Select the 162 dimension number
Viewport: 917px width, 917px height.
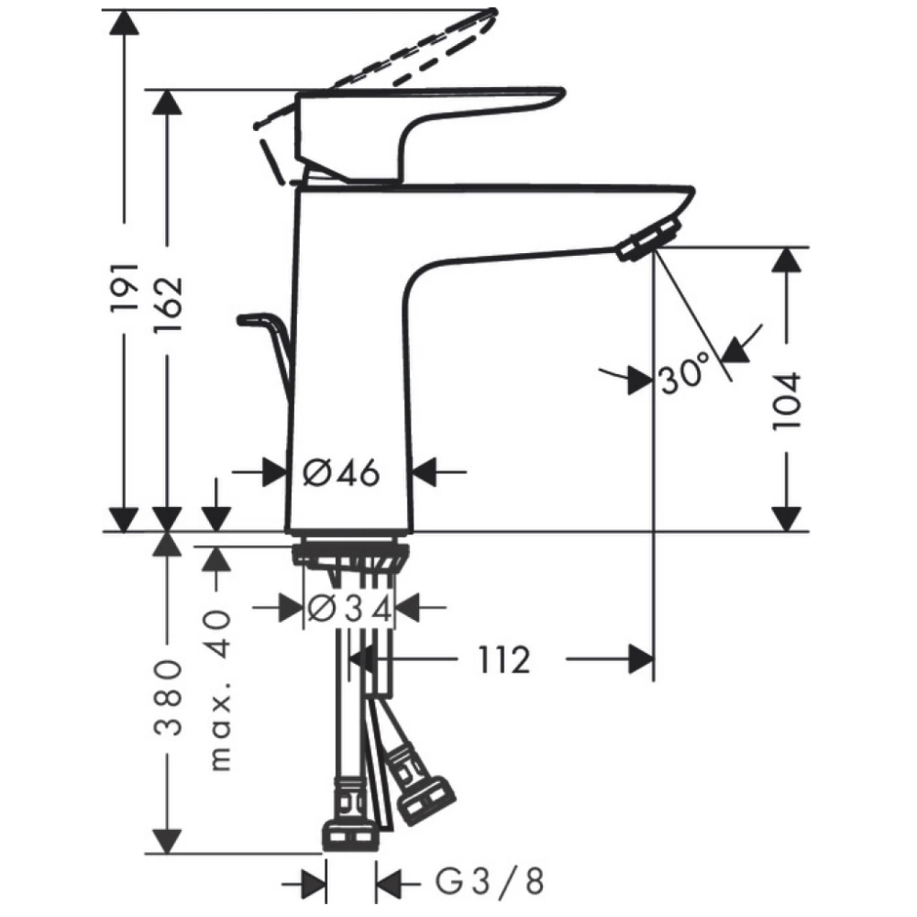[x=168, y=304]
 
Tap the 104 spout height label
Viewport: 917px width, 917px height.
[x=786, y=402]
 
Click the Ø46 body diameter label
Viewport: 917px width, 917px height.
[x=341, y=472]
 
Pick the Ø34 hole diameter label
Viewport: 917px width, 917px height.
[x=349, y=610]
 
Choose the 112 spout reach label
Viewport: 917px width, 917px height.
[x=504, y=659]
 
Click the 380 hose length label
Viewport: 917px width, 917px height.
[x=168, y=697]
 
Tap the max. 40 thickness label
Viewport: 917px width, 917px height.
[x=219, y=691]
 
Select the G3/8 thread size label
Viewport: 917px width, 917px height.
[x=490, y=881]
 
